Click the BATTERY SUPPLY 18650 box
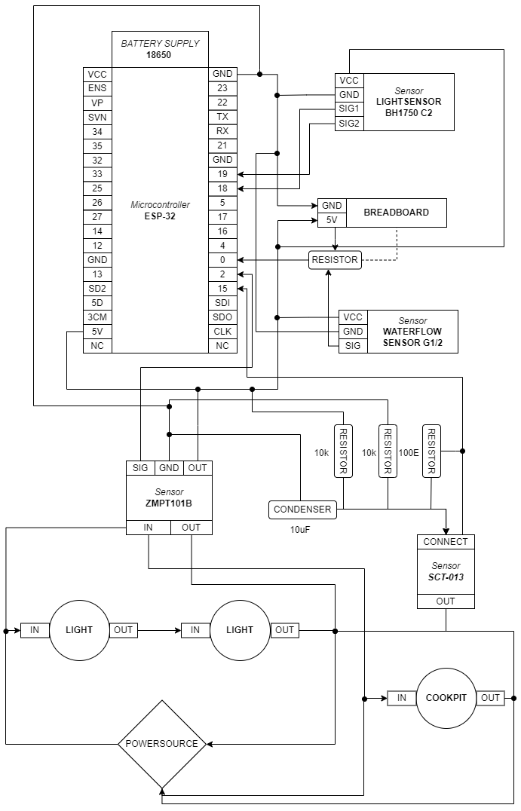(x=160, y=49)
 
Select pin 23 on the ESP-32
(x=222, y=88)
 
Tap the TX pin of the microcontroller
(x=222, y=117)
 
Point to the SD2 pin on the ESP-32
(x=97, y=289)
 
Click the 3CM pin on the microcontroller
(x=97, y=317)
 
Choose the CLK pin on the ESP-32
(x=222, y=332)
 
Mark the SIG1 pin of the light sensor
(x=349, y=109)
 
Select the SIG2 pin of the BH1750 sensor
(x=349, y=124)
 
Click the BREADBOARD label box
(x=396, y=213)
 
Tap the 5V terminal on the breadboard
(x=331, y=220)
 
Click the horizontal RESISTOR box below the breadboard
(x=335, y=260)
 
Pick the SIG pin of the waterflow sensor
(x=351, y=346)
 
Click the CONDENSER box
(x=302, y=510)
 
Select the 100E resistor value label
(x=409, y=453)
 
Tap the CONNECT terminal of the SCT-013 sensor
(x=446, y=541)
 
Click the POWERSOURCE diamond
(x=161, y=744)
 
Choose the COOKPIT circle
(x=446, y=698)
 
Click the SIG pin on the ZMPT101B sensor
(x=140, y=468)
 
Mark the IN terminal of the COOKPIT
(x=402, y=698)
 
